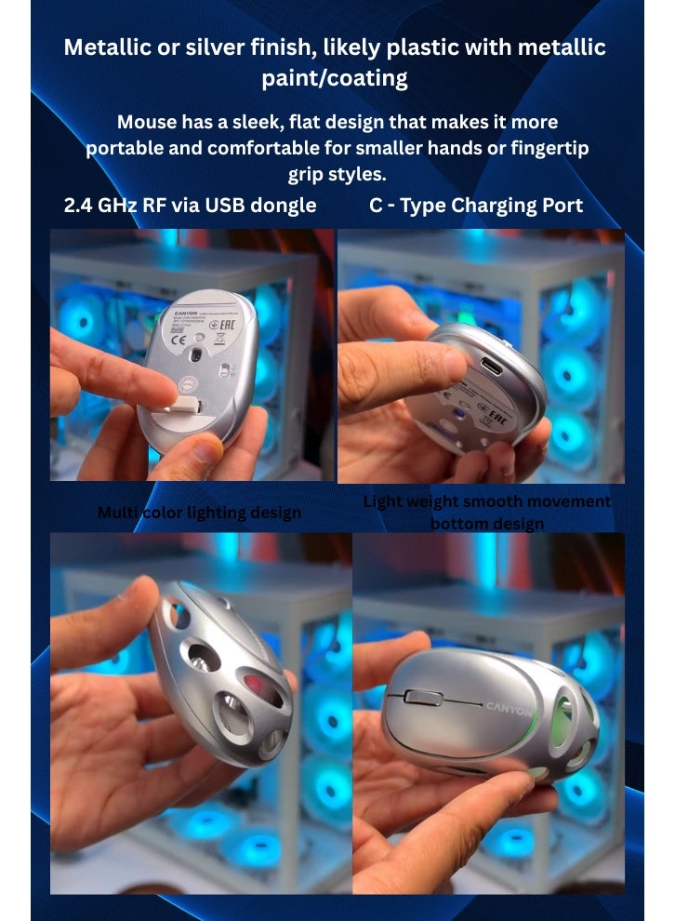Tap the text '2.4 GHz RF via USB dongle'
(190, 206)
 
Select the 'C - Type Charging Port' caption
(476, 206)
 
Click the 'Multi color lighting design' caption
(199, 513)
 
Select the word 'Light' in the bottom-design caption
(381, 501)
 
